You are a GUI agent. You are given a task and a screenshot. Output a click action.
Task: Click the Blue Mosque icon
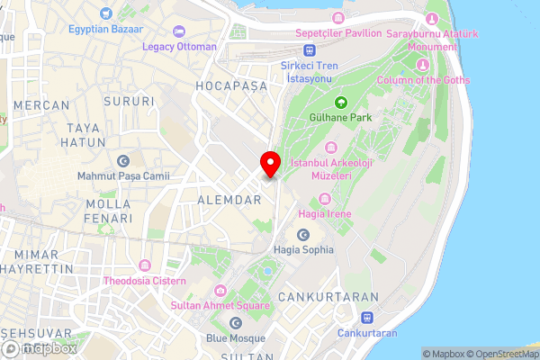[236, 322]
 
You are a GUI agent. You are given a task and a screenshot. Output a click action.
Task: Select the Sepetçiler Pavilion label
[338, 33]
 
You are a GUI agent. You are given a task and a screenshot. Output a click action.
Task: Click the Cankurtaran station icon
[367, 318]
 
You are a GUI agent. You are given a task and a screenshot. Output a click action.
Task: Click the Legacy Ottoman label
[179, 46]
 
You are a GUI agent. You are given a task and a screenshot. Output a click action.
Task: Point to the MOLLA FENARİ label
[108, 211]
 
